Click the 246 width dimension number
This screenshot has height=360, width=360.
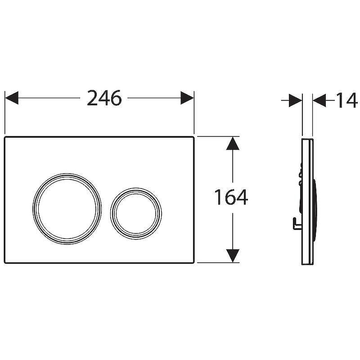coord(104,98)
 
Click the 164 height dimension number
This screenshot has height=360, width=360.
coord(231,197)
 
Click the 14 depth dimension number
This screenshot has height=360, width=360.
coord(346,100)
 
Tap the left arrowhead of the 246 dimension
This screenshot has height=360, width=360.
coord(12,98)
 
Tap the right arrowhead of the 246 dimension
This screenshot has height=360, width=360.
coord(187,98)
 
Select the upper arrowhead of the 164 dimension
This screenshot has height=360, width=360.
coord(233,144)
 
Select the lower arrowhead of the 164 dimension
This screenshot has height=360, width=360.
coord(233,256)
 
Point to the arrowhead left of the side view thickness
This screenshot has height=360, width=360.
coord(296,100)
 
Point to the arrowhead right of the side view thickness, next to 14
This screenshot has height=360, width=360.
coord(319,100)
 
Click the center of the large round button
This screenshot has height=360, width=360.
coord(67,209)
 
